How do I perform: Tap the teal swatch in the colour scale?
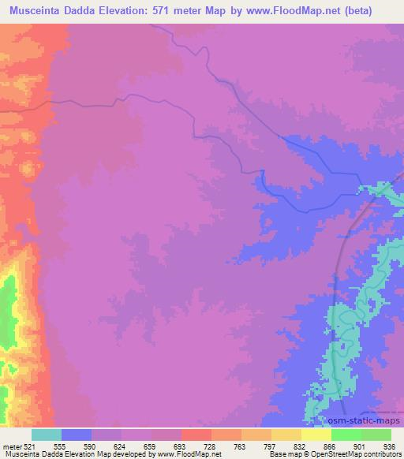47,435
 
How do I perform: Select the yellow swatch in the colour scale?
316,435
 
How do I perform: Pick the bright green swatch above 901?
346,435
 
